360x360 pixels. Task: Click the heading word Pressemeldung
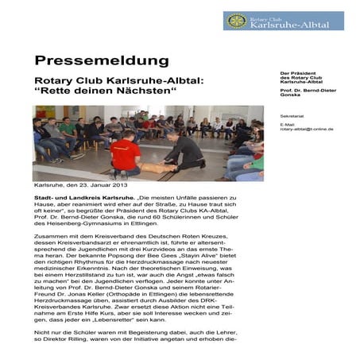[101, 60]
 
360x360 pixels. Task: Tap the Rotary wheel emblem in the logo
[234, 21]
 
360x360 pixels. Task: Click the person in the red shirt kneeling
[126, 156]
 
